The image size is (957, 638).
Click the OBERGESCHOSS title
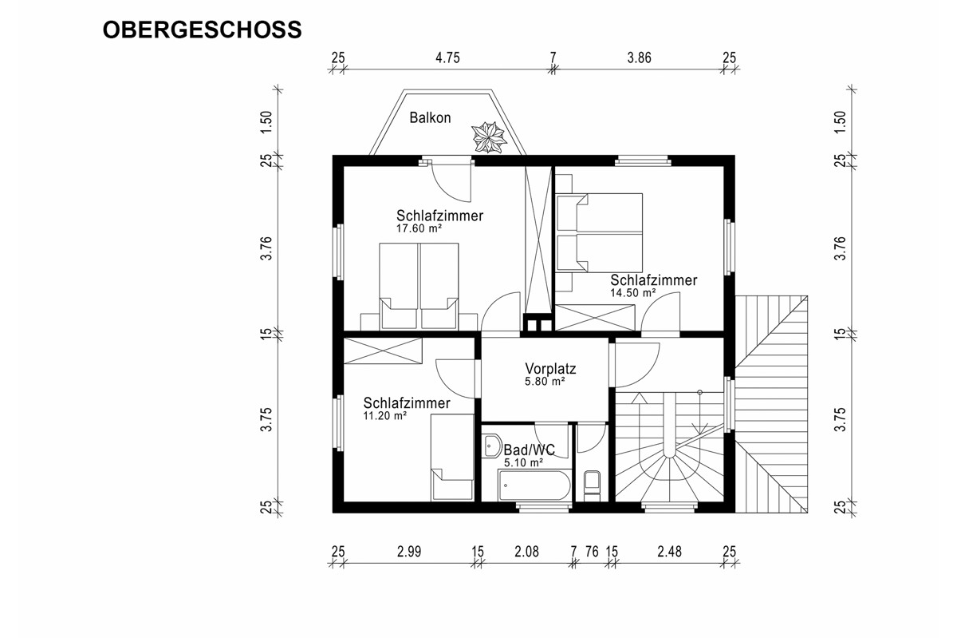[202, 30]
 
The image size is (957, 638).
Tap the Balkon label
[430, 117]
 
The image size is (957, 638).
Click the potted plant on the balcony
[489, 137]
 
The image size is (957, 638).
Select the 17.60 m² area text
[419, 228]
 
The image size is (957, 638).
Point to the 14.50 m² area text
[632, 293]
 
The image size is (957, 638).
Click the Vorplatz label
[550, 368]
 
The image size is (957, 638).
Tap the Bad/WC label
[530, 450]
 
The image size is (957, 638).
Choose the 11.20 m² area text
[385, 415]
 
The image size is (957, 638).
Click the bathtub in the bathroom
[534, 485]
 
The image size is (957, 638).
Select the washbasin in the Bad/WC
[493, 446]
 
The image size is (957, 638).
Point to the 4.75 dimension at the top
[447, 57]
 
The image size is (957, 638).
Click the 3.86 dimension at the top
[639, 57]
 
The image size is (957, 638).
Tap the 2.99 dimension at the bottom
[409, 552]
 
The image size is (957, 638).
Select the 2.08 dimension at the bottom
[527, 552]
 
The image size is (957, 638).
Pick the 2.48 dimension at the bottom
[669, 552]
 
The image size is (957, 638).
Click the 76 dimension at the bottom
[592, 552]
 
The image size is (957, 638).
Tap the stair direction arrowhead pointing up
[639, 398]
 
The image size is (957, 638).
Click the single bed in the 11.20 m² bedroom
[452, 457]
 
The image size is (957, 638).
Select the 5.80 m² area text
[545, 381]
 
